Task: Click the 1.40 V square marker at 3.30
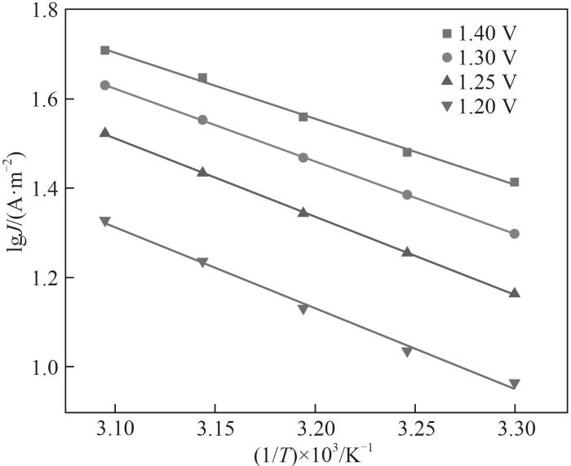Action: tap(514, 182)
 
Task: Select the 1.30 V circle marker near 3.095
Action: tap(105, 85)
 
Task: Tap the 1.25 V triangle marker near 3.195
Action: tap(303, 212)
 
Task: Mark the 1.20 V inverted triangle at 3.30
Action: tap(514, 385)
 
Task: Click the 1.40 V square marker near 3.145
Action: tap(202, 78)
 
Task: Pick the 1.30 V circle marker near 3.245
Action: tap(407, 195)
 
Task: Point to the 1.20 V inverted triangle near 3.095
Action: tap(105, 222)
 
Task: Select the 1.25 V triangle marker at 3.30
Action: tap(514, 292)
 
